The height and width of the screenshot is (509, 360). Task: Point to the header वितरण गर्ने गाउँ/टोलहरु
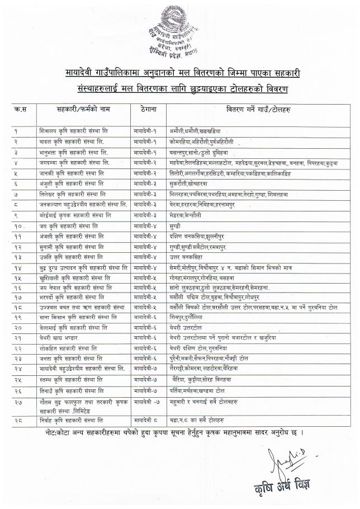coord(259,110)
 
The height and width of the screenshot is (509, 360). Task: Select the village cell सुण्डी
coord(175,226)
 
